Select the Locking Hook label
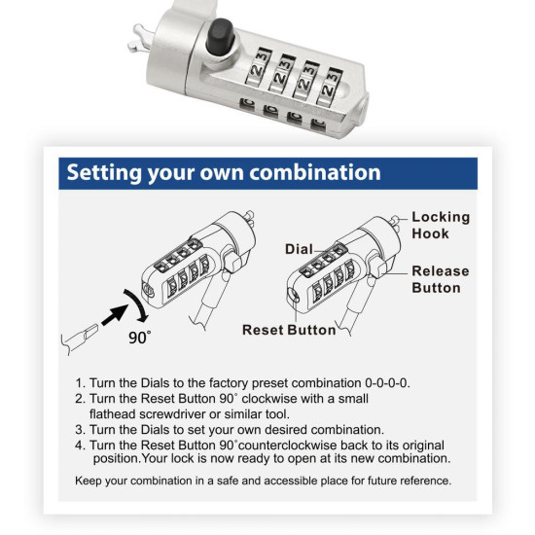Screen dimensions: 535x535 point(440,226)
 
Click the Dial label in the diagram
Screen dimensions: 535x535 point(299,249)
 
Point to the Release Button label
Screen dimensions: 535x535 point(440,279)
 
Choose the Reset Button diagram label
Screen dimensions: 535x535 point(289,330)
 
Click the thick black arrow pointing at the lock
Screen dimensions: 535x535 point(114,312)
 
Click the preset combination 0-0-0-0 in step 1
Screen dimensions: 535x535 point(382,382)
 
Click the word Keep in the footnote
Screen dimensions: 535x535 point(90,481)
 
